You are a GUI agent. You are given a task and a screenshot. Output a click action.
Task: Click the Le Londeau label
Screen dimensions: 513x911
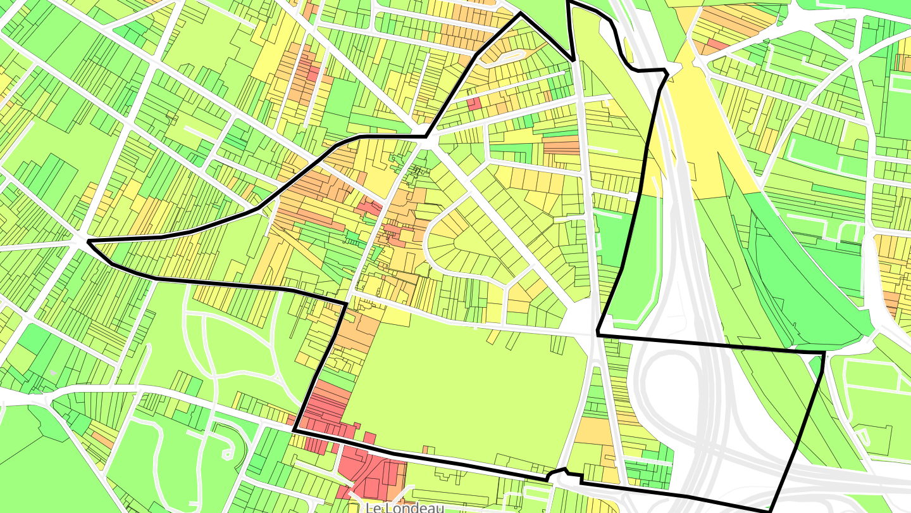405,507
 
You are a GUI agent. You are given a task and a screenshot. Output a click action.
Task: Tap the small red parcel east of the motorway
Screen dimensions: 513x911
717,44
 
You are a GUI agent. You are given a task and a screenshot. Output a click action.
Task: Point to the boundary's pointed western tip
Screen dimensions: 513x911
88,241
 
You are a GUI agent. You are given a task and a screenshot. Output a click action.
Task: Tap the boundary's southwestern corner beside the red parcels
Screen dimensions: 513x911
294,431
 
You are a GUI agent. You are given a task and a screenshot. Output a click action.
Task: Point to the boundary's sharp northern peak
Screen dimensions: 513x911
521,13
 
